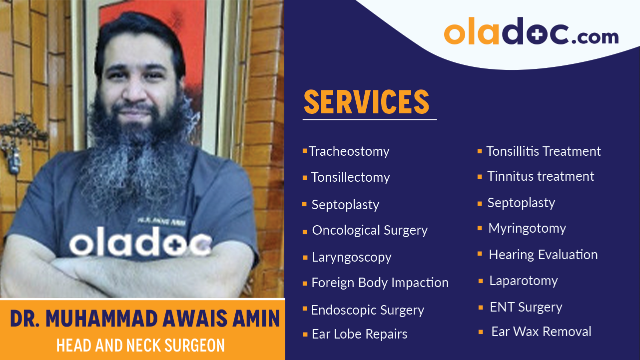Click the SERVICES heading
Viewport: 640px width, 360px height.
(367, 102)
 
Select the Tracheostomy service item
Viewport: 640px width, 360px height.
(349, 151)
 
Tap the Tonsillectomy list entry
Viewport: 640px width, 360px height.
(350, 177)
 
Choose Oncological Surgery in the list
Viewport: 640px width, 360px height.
(370, 230)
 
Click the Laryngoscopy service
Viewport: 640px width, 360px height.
(351, 257)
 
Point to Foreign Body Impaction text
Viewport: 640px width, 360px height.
(380, 283)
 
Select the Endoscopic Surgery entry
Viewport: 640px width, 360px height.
(367, 310)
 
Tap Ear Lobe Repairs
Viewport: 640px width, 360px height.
(359, 334)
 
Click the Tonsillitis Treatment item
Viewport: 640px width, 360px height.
(544, 151)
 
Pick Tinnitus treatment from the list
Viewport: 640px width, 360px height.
(541, 176)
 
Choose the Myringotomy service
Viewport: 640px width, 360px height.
(527, 228)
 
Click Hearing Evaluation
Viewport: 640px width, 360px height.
(543, 255)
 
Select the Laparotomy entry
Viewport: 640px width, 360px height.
(524, 281)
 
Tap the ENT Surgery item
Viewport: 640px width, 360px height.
(526, 307)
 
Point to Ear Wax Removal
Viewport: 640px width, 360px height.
(541, 332)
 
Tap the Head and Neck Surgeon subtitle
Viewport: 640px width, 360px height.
(140, 346)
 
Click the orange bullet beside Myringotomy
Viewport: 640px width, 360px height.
(479, 229)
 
